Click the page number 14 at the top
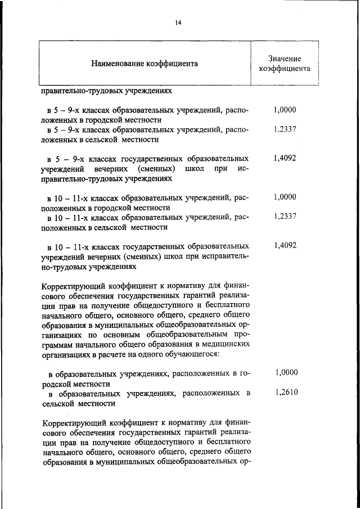click(178, 22)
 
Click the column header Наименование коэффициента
click(145, 64)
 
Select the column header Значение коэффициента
click(285, 64)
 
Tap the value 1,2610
click(286, 393)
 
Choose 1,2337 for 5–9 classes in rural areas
click(285, 129)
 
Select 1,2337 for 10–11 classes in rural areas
click(285, 217)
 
